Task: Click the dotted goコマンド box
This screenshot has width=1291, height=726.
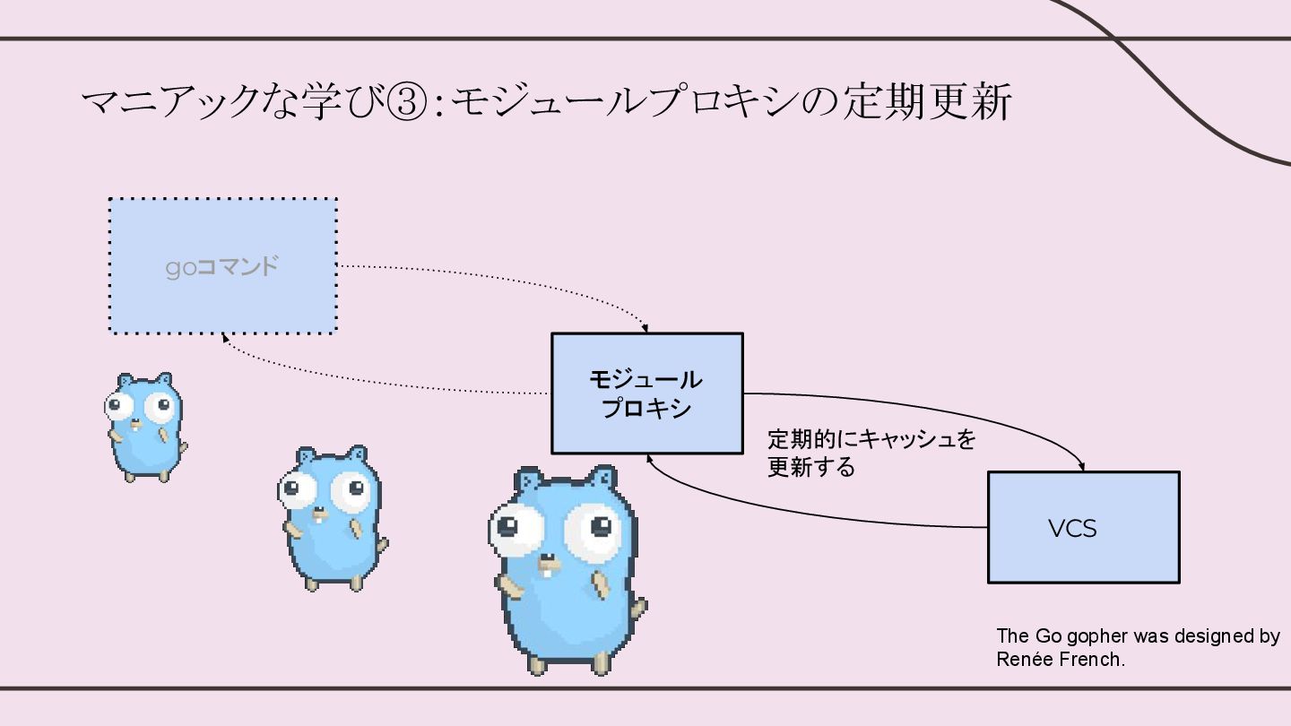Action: [222, 265]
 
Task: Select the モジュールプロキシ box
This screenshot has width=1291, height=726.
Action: [646, 393]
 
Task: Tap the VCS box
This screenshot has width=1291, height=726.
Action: [1083, 527]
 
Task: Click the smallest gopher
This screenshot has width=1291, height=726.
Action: [143, 427]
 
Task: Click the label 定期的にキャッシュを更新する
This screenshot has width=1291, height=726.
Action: [871, 453]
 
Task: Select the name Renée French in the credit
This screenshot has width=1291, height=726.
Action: [1059, 660]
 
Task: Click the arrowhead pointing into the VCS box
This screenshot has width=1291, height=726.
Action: [1082, 467]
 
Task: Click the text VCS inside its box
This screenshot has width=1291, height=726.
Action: [1072, 529]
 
